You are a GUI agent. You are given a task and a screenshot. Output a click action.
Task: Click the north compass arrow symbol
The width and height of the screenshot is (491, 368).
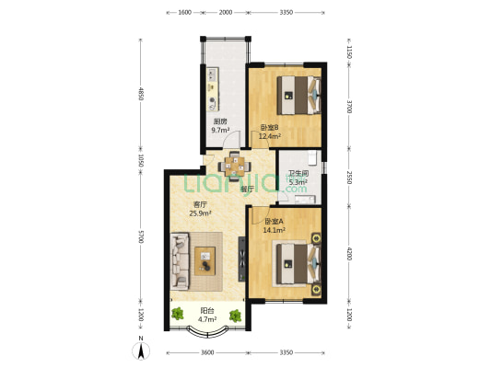pyautogui.click(x=141, y=351)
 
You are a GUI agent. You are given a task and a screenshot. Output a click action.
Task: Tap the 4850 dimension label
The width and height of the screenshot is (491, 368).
pyautogui.click(x=141, y=94)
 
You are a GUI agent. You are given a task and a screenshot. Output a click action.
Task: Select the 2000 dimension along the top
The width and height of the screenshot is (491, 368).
pyautogui.click(x=226, y=12)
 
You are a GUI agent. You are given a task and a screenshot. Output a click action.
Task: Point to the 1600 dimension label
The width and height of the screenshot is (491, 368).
pyautogui.click(x=185, y=12)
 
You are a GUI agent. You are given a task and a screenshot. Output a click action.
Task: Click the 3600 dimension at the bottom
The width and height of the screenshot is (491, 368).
pyautogui.click(x=207, y=352)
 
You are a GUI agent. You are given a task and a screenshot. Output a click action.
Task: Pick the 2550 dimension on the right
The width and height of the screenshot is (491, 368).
pyautogui.click(x=349, y=178)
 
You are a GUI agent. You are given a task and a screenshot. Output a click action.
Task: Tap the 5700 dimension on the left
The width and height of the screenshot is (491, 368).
pyautogui.click(x=141, y=236)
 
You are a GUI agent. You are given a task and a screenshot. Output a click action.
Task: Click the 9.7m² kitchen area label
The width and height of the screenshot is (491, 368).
pyautogui.click(x=221, y=130)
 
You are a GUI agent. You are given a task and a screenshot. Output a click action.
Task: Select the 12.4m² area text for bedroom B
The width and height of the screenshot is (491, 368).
pyautogui.click(x=269, y=136)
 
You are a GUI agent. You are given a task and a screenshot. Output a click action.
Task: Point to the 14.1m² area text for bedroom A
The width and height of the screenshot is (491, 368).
pyautogui.click(x=274, y=230)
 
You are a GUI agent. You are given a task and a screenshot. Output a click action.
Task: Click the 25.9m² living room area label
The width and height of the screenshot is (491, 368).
pyautogui.click(x=200, y=213)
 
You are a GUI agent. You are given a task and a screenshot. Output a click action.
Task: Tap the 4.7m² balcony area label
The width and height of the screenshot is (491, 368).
pyautogui.click(x=207, y=319)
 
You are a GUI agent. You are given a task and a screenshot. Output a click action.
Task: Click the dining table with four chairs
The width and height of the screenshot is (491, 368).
pyautogui.click(x=235, y=167)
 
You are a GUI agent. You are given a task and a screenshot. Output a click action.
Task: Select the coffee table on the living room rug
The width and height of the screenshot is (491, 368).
pyautogui.click(x=205, y=261)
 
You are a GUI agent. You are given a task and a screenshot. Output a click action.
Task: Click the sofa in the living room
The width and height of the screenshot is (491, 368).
pyautogui.click(x=180, y=261)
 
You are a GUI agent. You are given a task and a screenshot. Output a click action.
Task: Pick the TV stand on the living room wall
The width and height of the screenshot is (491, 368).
pyautogui.click(x=241, y=259)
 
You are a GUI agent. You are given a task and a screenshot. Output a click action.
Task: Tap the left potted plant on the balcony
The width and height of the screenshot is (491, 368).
pyautogui.click(x=178, y=314)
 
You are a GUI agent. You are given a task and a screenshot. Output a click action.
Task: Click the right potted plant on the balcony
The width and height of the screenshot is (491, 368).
pyautogui.click(x=235, y=316)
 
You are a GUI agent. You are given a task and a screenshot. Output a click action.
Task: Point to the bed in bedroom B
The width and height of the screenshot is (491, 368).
pyautogui.click(x=299, y=95)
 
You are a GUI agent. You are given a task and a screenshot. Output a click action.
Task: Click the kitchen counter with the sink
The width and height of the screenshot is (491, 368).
pyautogui.click(x=213, y=89)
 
